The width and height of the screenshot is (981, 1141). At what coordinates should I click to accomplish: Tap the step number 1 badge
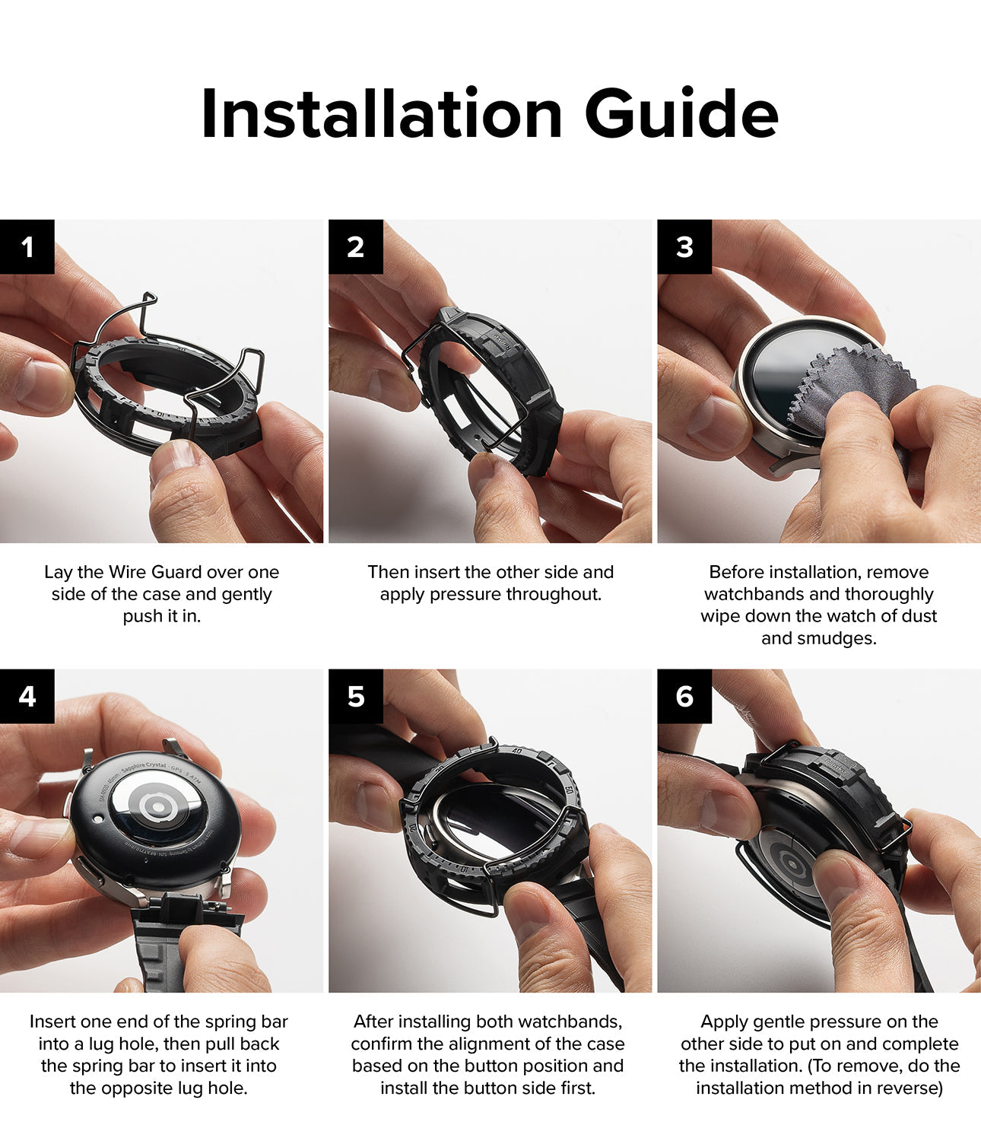click(x=27, y=246)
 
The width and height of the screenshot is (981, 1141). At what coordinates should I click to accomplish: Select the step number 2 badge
click(x=356, y=246)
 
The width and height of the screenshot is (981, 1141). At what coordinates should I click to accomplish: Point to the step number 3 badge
click(x=684, y=246)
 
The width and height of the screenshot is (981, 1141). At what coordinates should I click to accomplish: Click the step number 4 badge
click(x=27, y=696)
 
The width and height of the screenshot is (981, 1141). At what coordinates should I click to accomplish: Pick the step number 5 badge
click(x=356, y=696)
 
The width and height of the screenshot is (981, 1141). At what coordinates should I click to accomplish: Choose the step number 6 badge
click(x=684, y=696)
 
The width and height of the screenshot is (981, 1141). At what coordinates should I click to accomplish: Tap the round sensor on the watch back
click(x=157, y=807)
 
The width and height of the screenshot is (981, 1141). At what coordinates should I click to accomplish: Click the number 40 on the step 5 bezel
click(x=517, y=752)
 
